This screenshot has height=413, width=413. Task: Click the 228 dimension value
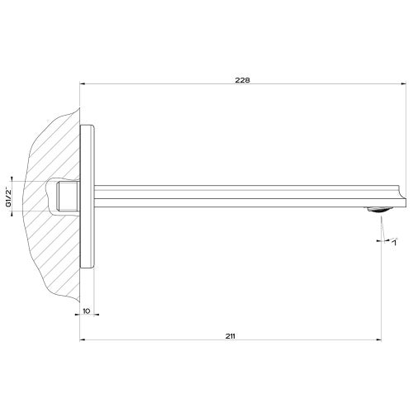point(242,80)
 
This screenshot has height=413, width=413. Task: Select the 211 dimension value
point(230,336)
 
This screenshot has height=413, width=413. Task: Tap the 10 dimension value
point(87,311)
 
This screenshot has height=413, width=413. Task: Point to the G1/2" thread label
point(8,197)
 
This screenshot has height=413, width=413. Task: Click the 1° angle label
point(395,242)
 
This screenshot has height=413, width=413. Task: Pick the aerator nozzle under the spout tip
point(379,209)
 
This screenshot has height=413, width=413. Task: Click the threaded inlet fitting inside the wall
point(68,197)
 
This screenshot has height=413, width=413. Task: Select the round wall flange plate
point(87,197)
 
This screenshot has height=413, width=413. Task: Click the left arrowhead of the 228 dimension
point(82,84)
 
